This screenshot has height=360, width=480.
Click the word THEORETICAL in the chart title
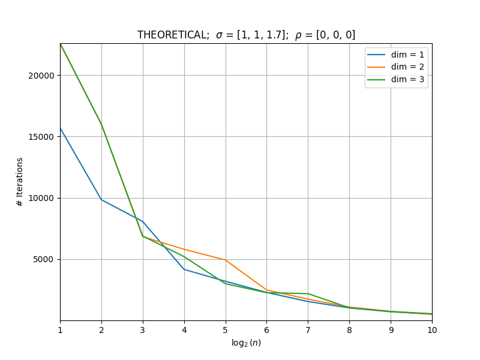(173, 35)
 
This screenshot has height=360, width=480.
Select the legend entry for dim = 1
(396, 55)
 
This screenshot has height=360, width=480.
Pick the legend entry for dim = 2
(396, 67)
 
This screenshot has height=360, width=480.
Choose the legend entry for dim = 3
(396, 80)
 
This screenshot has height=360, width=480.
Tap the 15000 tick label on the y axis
(41, 137)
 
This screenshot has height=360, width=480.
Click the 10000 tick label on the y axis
(41, 199)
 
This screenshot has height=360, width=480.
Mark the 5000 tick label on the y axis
(43, 260)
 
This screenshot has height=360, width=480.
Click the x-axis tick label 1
(61, 330)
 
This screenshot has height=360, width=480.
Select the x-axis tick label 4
(184, 330)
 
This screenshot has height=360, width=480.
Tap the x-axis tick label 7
(308, 330)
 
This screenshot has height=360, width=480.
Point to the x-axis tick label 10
(432, 330)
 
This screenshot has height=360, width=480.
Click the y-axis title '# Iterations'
(20, 182)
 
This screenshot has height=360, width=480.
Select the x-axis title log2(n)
(246, 343)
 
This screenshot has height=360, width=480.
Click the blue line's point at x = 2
(101, 200)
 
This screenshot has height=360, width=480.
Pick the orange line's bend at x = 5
(226, 260)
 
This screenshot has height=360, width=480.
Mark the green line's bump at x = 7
(308, 293)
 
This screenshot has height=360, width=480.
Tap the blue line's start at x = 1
(61, 128)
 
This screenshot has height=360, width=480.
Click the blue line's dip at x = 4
(184, 269)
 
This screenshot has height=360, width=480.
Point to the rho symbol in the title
(298, 36)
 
